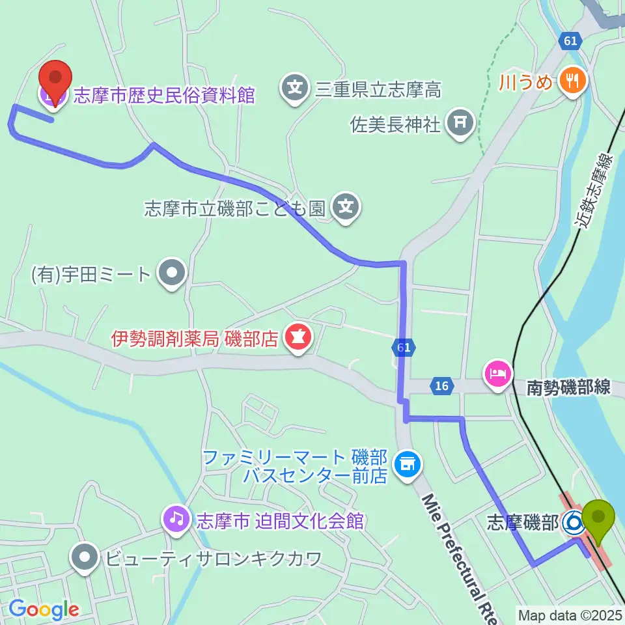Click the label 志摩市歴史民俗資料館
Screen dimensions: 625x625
[163, 96]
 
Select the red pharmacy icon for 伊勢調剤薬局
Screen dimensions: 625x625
[299, 339]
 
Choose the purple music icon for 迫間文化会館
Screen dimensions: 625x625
[177, 520]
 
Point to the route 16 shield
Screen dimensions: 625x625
[441, 386]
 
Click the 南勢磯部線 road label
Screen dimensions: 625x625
[568, 387]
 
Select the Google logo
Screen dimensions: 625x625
[44, 610]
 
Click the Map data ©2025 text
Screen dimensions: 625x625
[569, 615]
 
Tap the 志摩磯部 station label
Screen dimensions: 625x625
[523, 522]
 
